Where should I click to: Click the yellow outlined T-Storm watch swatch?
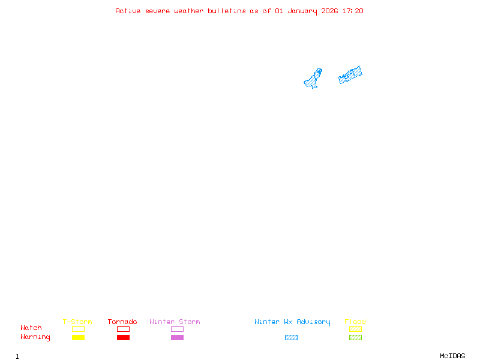tap(78, 329)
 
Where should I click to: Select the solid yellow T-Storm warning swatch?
tap(78, 338)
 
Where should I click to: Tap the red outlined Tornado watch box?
tap(123, 329)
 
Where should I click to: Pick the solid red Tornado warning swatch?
tap(123, 338)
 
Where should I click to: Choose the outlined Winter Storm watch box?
tap(177, 329)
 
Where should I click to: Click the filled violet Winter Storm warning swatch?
tap(177, 338)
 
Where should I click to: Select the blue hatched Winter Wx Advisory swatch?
tap(291, 338)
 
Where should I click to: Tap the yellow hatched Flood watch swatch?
tap(355, 329)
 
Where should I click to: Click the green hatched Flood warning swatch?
tap(355, 338)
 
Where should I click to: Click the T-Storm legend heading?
tap(77, 322)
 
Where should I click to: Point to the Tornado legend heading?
tap(122, 322)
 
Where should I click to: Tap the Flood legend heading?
tap(355, 322)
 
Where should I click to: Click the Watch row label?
tap(31, 328)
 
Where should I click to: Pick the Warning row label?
tap(35, 337)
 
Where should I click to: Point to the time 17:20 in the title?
tap(353, 11)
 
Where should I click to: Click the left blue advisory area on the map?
tap(313, 79)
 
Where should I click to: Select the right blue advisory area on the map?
tap(350, 75)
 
